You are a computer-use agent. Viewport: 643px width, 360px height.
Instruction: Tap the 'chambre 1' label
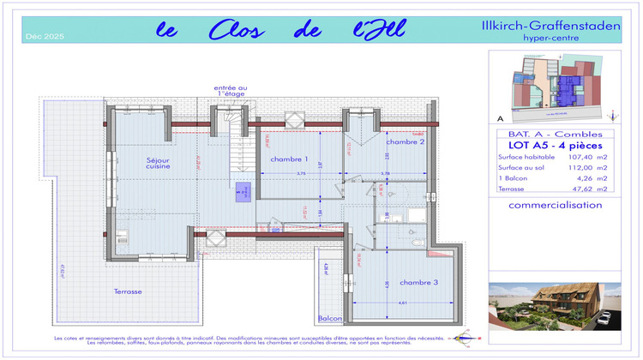coord(289,159)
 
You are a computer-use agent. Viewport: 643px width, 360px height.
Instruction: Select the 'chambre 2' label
coord(406,142)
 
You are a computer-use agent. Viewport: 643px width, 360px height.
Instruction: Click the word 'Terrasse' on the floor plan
coord(129,291)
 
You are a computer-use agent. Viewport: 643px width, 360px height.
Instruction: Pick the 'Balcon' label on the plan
coord(330,318)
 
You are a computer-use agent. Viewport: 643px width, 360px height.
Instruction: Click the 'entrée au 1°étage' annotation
coord(231,91)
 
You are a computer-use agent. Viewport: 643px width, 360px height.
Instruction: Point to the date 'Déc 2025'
coord(45,37)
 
